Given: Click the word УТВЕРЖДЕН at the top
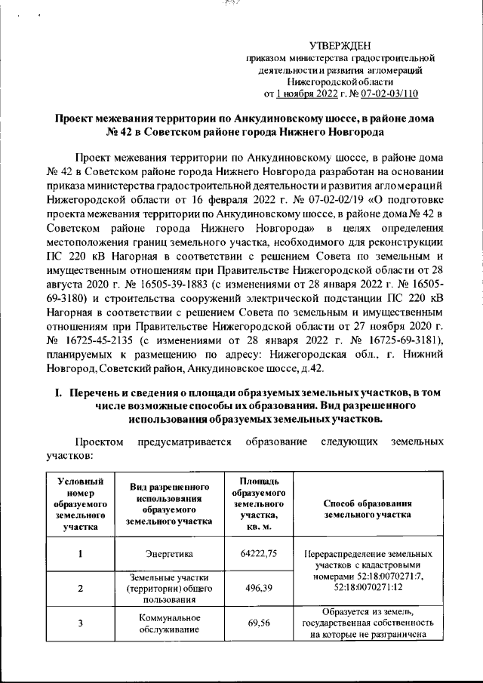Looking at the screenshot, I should pos(340,47).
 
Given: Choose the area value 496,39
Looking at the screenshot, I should pos(259,586).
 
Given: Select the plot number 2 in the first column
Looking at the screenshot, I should pos(80,587).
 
